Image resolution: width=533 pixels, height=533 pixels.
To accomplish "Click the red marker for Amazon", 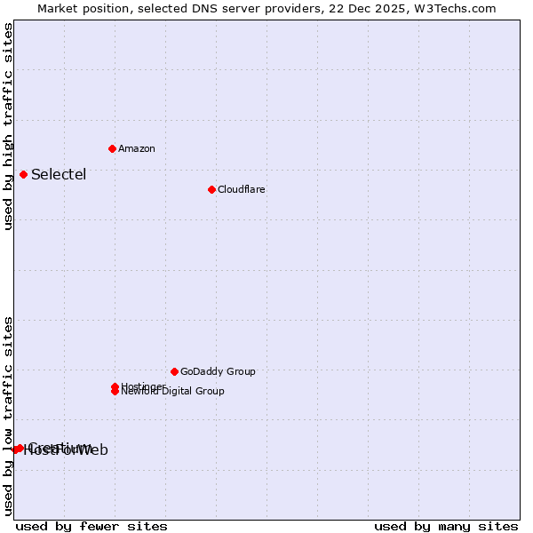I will pos(112,148).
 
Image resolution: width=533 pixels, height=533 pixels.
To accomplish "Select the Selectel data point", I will pos(23,174).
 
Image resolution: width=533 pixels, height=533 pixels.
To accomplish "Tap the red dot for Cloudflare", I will pos(211,189).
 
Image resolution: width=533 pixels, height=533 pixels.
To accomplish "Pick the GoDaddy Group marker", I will pos(174,371).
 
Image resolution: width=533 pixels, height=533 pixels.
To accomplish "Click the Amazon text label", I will pos(137,148).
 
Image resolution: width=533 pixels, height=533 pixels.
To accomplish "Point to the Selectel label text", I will pos(59,174).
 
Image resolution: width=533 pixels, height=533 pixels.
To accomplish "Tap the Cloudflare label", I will pos(242,189).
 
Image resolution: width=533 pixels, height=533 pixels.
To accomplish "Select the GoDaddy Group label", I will pos(218,371).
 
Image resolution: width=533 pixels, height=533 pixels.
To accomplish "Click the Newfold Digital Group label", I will pos(173,392).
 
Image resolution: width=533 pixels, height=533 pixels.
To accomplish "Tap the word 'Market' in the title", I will pos(58,8).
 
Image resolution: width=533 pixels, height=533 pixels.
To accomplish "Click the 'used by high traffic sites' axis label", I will pos(8,126).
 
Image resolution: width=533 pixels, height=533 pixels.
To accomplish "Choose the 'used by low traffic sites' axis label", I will pos(8,416).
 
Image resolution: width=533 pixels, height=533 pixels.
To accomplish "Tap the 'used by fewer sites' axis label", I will pos(91,526).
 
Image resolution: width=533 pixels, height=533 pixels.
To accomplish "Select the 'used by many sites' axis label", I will pos(446,526).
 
